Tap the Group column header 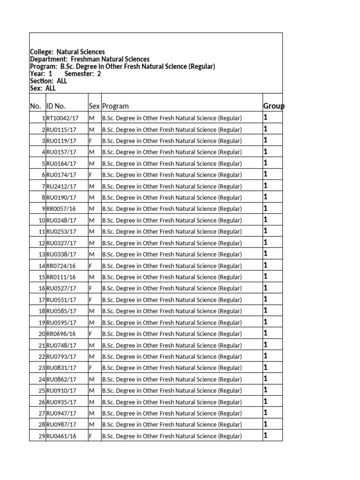pyautogui.click(x=273, y=106)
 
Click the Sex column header pyautogui.click(x=94, y=106)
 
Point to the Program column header pyautogui.click(x=116, y=106)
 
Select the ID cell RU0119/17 pyautogui.click(x=61, y=141)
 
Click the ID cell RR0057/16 pyautogui.click(x=61, y=209)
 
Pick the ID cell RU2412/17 pyautogui.click(x=61, y=187)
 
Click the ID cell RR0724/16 pyautogui.click(x=61, y=266)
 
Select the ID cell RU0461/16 pyautogui.click(x=61, y=436)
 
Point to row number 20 pyautogui.click(x=41, y=334)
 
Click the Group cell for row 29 pyautogui.click(x=265, y=435)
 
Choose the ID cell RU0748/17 pyautogui.click(x=61, y=345)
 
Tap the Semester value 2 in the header pyautogui.click(x=99, y=74)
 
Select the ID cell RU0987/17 pyautogui.click(x=61, y=425)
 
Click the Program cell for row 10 pyautogui.click(x=172, y=220)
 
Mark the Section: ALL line pyautogui.click(x=49, y=81)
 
